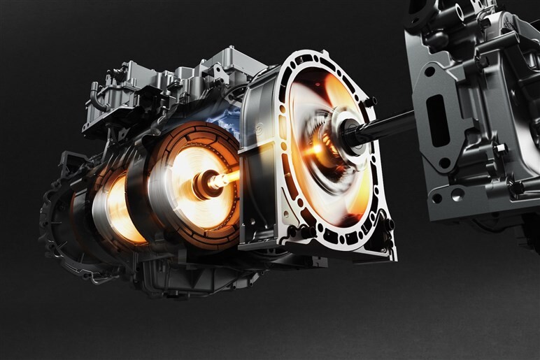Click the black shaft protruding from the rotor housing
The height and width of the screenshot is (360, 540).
point(381,125)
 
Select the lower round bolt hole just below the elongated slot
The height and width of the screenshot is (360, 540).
point(445,164)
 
